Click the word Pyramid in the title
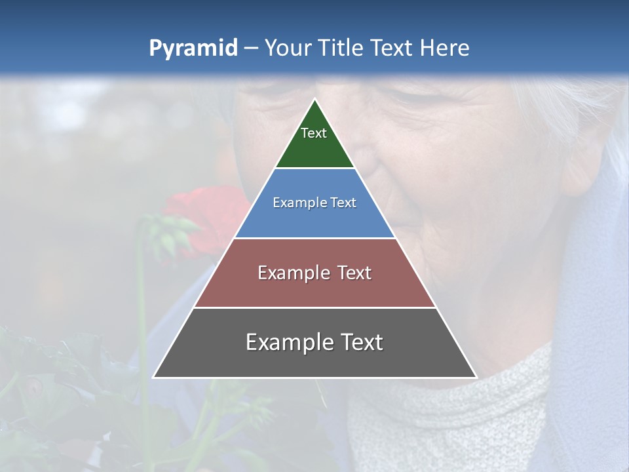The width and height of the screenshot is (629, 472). [193, 49]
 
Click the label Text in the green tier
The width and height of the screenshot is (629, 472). [314, 133]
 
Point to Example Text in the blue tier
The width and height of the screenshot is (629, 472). [314, 203]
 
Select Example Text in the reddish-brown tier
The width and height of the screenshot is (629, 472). [314, 273]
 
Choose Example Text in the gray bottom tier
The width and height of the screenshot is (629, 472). [314, 342]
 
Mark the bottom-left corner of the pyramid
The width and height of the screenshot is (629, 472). [154, 377]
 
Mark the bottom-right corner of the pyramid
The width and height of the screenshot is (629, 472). [476, 377]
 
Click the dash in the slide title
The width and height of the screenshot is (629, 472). [251, 49]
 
